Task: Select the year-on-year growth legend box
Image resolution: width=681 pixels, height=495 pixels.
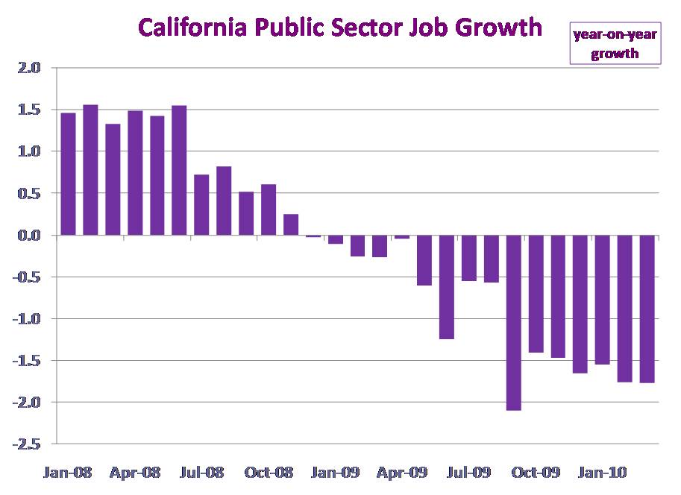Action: click(615, 43)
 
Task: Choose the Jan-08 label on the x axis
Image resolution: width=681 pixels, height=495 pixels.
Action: click(68, 473)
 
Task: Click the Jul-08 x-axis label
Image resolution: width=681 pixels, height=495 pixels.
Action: click(202, 473)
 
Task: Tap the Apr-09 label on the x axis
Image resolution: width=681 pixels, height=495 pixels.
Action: click(403, 473)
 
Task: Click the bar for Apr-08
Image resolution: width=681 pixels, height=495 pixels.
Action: click(135, 173)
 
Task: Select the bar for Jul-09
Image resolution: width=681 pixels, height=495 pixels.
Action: click(469, 258)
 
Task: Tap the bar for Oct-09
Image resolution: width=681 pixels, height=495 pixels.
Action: click(536, 294)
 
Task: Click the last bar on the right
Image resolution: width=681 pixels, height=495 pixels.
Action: click(647, 309)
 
